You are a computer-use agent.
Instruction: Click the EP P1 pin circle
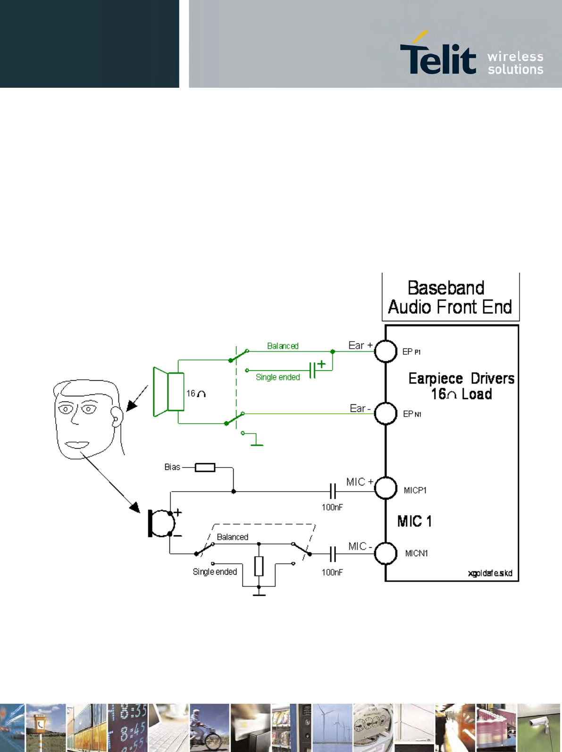tap(386, 351)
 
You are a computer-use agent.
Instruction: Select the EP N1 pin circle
tap(386, 414)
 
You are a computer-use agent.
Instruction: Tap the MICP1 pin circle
tap(386, 488)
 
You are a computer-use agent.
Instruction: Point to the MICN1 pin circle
tap(386, 553)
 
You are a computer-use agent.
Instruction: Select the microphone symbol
tap(160, 523)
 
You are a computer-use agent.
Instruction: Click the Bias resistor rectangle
tap(205, 468)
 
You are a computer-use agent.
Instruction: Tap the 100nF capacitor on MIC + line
tap(333, 491)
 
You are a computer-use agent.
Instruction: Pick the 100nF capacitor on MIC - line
tap(333, 553)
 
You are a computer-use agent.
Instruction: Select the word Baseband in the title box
tap(446, 288)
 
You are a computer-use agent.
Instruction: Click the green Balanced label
tap(283, 346)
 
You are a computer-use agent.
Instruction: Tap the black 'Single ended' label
tap(215, 572)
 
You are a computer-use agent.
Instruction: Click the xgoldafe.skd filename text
tap(490, 573)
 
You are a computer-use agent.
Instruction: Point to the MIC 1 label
tap(414, 521)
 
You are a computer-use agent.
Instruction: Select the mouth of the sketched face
tap(77, 444)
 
